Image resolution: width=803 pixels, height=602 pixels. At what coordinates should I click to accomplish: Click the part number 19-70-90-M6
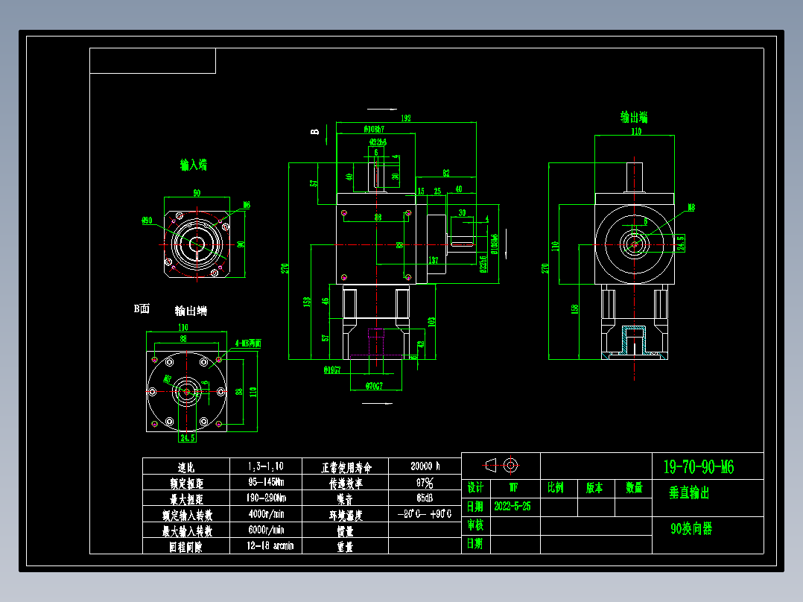pos(698,467)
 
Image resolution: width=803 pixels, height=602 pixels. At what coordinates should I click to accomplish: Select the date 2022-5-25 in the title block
pos(512,507)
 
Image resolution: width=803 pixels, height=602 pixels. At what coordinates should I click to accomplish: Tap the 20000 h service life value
pos(425,466)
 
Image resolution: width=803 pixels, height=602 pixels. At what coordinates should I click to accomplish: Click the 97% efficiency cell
pos(425,483)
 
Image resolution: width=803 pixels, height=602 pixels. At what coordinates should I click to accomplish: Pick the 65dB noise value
pos(425,498)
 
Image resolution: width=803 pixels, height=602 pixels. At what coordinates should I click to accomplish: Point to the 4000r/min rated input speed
pos(266,514)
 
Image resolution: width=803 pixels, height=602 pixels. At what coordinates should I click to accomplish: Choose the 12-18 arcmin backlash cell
pos(266,546)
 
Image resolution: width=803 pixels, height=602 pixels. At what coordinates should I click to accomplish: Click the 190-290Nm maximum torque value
pos(266,498)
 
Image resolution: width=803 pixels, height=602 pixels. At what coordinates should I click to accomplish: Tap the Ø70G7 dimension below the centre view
pos(374,386)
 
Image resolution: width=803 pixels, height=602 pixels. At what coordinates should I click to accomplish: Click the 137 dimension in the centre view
pos(433,261)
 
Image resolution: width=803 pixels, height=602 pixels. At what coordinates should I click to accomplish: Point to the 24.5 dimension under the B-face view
pos(187,438)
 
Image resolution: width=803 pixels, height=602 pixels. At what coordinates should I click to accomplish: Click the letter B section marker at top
pos(315,132)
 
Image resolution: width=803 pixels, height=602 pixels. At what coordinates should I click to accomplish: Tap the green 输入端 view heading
pos(193,164)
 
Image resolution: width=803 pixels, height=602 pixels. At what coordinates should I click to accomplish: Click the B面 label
pos(142,308)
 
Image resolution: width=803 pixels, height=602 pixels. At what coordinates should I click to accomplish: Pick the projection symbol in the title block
pos(501,466)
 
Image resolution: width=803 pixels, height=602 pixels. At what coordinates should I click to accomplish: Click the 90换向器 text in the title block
pos(691,529)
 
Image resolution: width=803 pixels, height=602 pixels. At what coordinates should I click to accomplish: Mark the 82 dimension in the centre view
pos(446,173)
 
